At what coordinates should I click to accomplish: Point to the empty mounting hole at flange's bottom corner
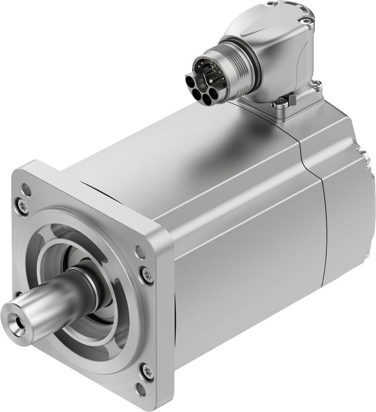[x=140, y=388]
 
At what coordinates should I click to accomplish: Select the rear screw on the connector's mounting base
[x=316, y=84]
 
